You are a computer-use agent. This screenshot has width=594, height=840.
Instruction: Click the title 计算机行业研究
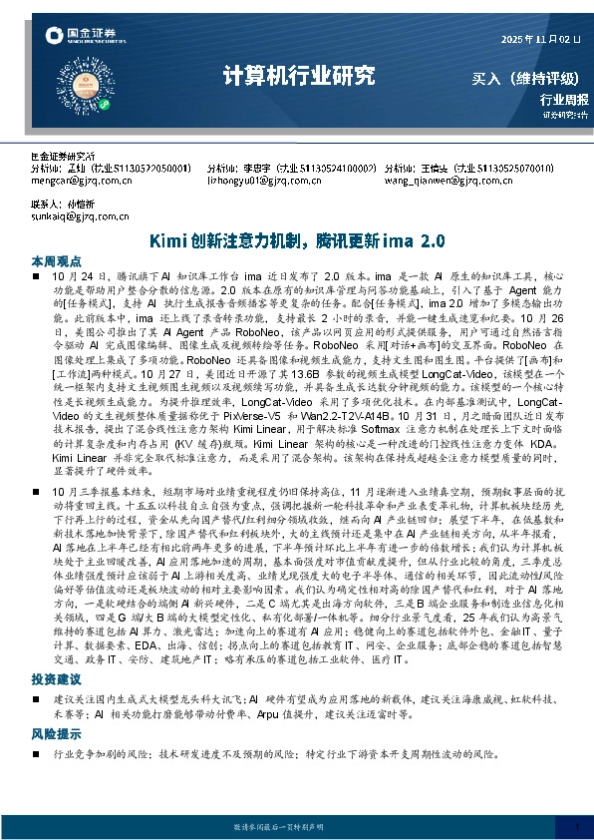click(298, 77)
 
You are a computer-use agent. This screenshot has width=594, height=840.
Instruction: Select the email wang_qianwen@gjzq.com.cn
click(443, 182)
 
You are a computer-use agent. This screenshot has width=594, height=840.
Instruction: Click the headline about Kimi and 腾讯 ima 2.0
click(296, 242)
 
